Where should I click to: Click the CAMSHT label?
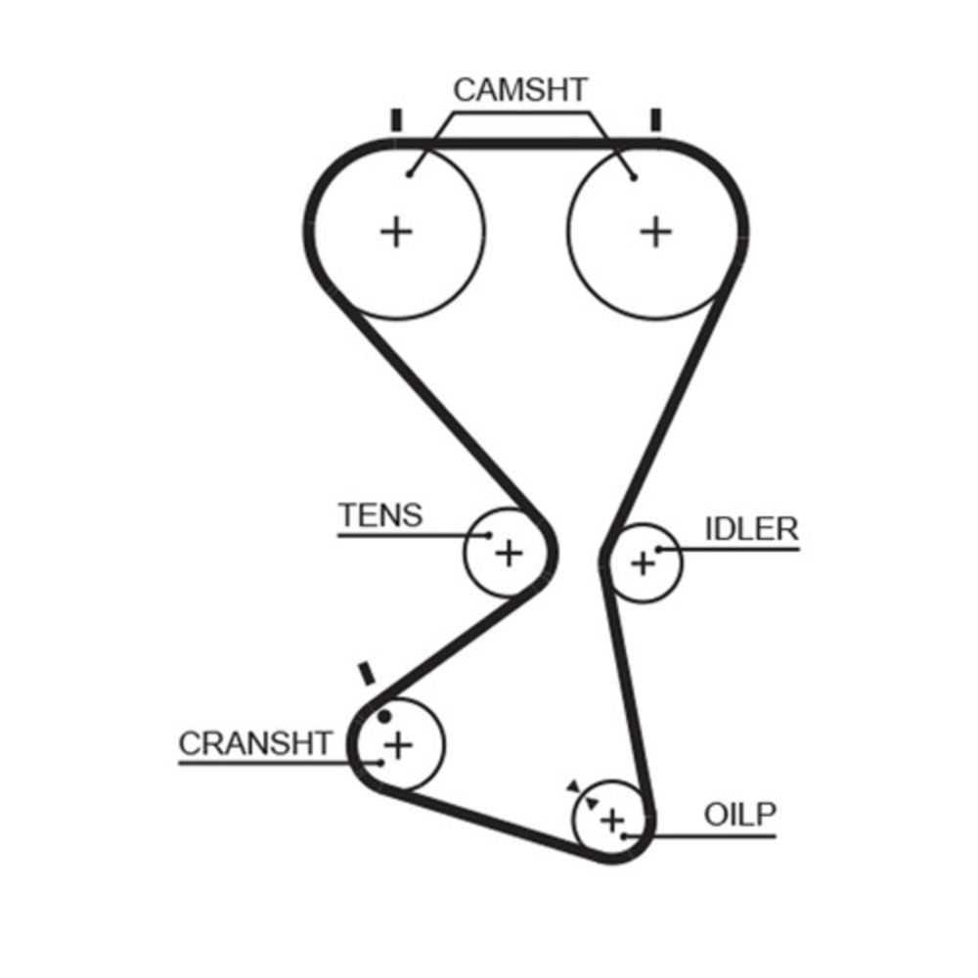point(520,90)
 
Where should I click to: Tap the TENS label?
point(379,514)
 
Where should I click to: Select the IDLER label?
point(751,529)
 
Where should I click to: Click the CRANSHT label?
point(256,743)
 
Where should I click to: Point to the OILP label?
point(738,815)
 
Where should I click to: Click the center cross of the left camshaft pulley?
point(397,232)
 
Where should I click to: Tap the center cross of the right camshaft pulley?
point(656,232)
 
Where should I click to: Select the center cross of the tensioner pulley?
point(509,554)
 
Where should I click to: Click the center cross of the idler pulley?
point(643,563)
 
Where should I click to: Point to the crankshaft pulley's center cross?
point(397,746)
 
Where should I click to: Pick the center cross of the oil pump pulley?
point(612,820)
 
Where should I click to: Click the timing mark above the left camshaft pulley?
point(396,119)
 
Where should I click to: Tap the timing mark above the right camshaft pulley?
point(655,119)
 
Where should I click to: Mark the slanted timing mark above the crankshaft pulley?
point(368,674)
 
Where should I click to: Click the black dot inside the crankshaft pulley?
point(383,716)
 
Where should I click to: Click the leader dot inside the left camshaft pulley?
point(411,175)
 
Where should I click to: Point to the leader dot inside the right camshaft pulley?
point(635,177)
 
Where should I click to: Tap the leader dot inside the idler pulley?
point(659,550)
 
